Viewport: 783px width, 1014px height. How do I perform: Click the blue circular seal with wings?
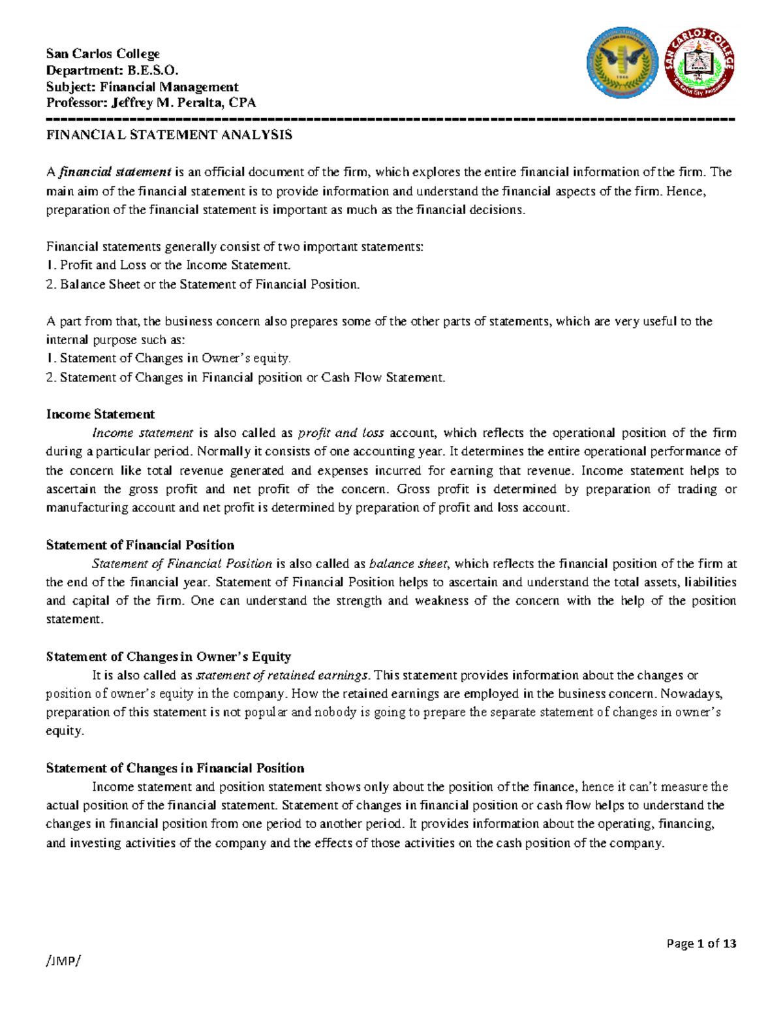[x=622, y=63]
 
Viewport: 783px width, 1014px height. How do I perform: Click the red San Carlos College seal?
[x=699, y=63]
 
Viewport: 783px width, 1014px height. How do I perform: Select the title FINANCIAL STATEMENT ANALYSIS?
[x=169, y=135]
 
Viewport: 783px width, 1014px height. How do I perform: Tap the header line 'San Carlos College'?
[x=102, y=54]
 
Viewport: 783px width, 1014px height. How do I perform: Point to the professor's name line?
[x=151, y=103]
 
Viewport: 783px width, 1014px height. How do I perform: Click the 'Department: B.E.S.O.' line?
[x=112, y=70]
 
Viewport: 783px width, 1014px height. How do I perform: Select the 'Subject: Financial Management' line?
[x=142, y=87]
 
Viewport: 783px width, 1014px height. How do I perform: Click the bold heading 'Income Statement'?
[x=100, y=414]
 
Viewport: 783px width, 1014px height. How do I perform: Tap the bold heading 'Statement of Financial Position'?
[x=140, y=545]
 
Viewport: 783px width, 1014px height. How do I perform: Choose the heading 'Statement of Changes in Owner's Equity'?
[x=168, y=656]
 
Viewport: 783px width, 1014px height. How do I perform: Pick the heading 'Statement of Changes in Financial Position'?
[x=175, y=768]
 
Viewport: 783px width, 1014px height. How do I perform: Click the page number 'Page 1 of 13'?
[x=701, y=943]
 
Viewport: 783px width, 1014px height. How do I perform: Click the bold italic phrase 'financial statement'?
[x=115, y=172]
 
